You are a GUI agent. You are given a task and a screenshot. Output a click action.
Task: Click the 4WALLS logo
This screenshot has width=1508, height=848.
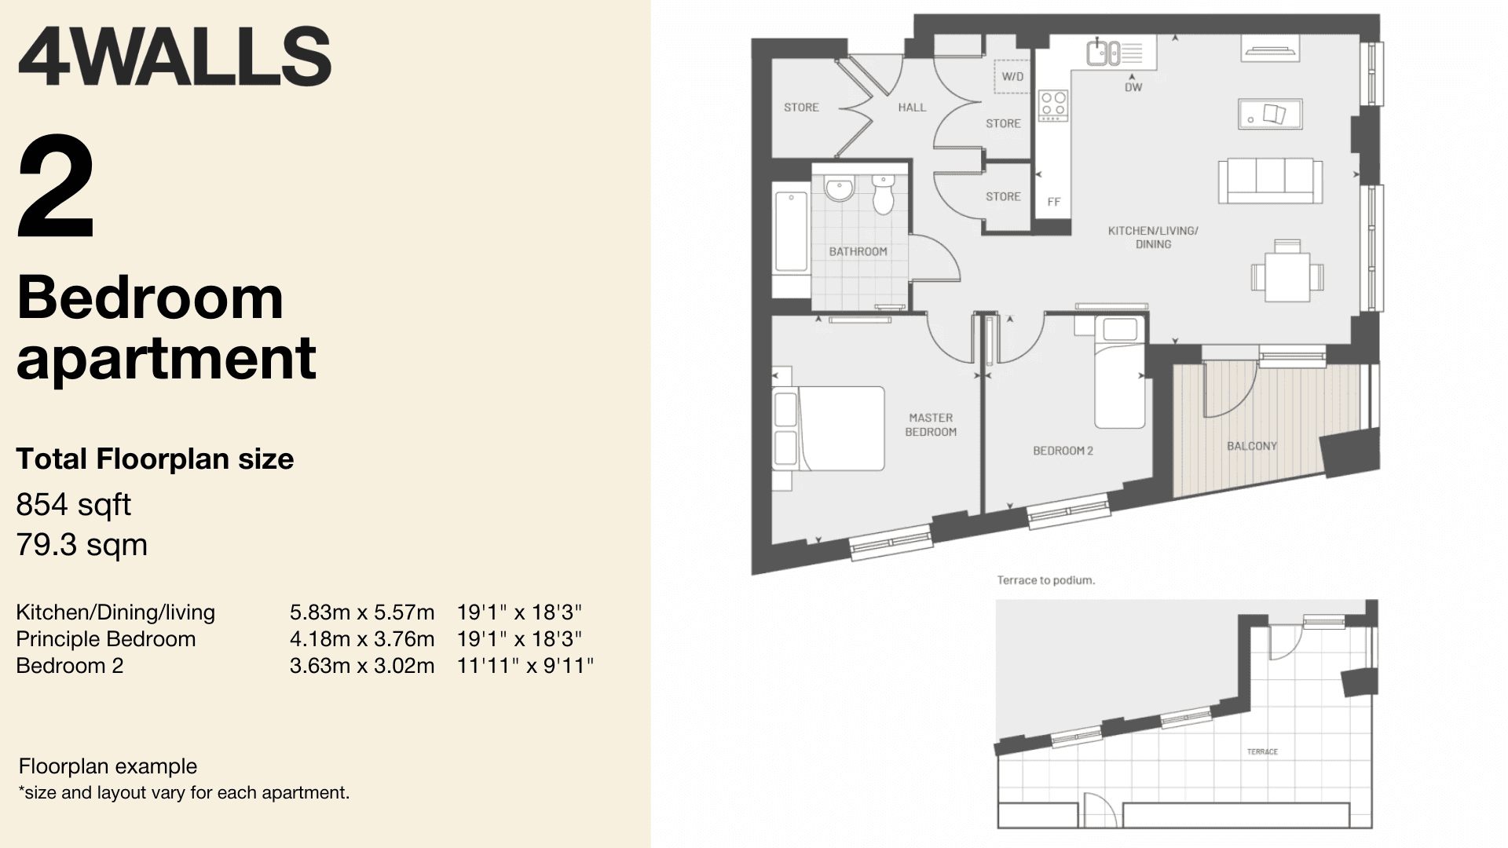(x=174, y=57)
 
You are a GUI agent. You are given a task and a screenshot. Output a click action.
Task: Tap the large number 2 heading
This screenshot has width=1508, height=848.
(x=56, y=188)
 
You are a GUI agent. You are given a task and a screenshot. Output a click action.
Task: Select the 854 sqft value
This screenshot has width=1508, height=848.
(x=74, y=505)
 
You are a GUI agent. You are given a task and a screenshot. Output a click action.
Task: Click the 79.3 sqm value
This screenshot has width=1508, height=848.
(x=82, y=544)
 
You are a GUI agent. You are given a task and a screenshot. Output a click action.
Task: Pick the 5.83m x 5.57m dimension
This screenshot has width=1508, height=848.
(x=362, y=612)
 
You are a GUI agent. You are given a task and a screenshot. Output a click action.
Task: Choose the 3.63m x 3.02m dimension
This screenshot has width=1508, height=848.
(x=362, y=666)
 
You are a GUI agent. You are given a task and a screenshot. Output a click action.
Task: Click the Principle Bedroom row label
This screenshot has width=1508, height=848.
(x=106, y=639)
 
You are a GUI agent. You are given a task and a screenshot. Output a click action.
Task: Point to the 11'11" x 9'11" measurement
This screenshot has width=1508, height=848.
(x=525, y=666)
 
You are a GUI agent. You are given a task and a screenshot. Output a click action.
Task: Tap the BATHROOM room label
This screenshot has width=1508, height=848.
(x=858, y=251)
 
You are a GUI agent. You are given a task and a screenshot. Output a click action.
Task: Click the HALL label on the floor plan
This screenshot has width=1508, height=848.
(x=912, y=108)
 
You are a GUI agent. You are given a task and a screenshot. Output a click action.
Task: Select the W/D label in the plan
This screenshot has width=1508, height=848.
(x=1012, y=77)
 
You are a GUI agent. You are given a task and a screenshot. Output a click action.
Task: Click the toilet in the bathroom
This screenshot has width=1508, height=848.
(x=884, y=194)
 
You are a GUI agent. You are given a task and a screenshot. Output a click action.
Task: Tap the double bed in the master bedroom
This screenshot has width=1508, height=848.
(x=829, y=428)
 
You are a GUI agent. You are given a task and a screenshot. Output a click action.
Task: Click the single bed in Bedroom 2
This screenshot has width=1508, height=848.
(x=1119, y=373)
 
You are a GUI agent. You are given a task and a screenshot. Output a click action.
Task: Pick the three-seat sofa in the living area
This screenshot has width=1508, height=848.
(x=1270, y=181)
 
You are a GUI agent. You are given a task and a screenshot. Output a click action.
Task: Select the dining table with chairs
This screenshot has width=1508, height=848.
(x=1287, y=272)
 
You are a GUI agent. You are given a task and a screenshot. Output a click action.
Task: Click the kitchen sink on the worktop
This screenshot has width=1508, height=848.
(x=1104, y=53)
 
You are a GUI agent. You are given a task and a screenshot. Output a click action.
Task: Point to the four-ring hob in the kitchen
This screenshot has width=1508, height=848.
(x=1053, y=105)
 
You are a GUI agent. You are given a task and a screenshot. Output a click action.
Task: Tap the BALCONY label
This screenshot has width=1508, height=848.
(x=1252, y=446)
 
